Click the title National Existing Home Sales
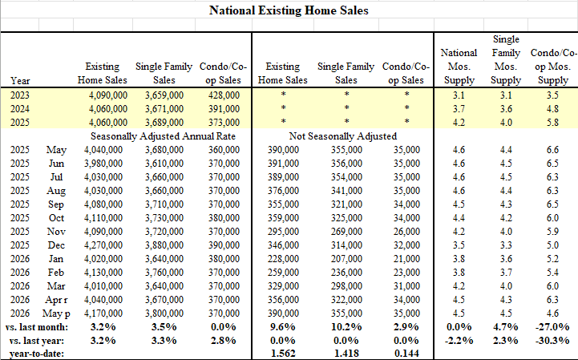click(289, 10)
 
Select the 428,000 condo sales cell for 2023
click(224, 95)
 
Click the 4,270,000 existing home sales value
click(103, 245)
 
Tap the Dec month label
click(56, 245)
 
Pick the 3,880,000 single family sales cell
click(164, 245)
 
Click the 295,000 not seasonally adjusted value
click(283, 232)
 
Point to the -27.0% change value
click(552, 327)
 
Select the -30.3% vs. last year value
click(552, 341)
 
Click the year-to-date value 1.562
click(283, 354)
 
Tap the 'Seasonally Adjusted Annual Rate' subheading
click(163, 136)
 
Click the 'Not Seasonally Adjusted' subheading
click(343, 136)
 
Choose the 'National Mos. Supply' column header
click(459, 67)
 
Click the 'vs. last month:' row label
click(37, 327)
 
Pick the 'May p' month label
click(56, 313)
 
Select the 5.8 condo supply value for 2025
click(552, 123)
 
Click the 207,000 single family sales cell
click(346, 259)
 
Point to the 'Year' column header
click(20, 80)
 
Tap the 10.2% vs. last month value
click(346, 327)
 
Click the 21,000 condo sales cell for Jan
click(406, 259)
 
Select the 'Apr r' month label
click(56, 300)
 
